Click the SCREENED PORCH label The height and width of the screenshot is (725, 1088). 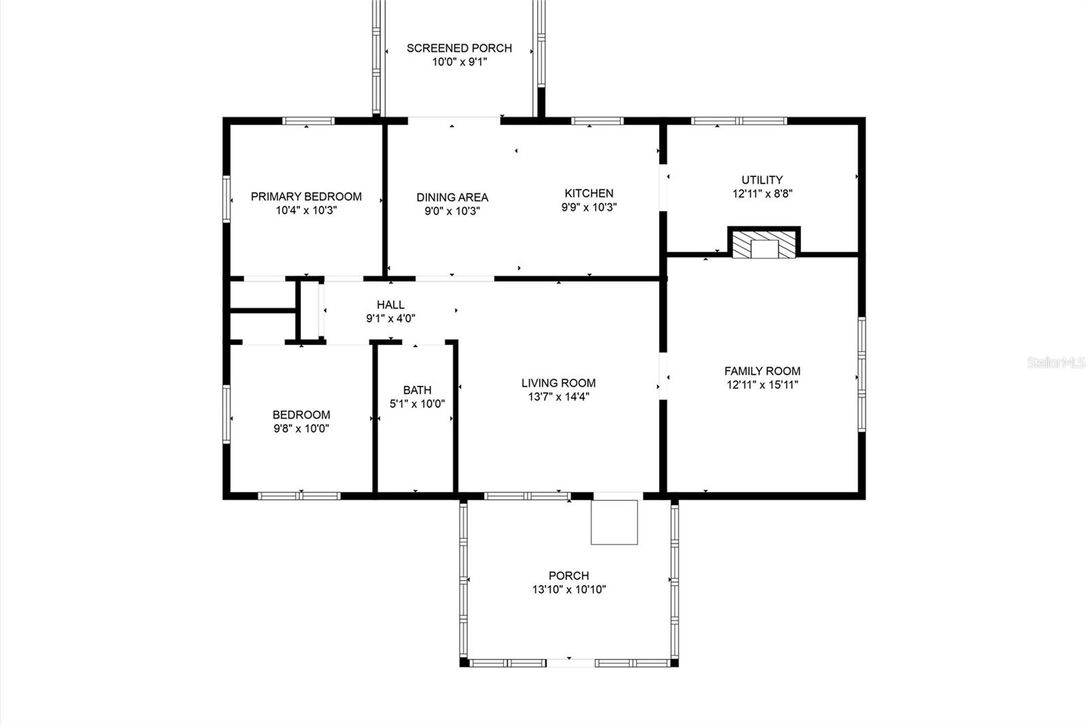(x=459, y=48)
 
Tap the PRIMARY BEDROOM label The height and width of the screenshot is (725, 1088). (x=306, y=197)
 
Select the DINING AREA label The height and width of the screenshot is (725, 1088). (x=452, y=197)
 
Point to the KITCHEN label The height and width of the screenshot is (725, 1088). (x=589, y=193)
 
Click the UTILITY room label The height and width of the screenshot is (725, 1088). (x=762, y=180)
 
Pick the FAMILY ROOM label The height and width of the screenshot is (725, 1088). (x=762, y=371)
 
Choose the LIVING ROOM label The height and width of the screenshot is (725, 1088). (x=558, y=383)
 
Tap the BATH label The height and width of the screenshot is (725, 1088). (x=418, y=390)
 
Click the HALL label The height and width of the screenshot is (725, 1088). (x=390, y=305)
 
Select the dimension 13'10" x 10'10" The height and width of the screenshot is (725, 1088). (x=568, y=590)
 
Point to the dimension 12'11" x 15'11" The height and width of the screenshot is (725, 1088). (x=762, y=385)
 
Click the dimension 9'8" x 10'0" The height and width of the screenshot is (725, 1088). (x=301, y=428)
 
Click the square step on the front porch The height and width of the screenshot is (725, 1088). (x=614, y=522)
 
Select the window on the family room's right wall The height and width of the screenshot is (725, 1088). (x=862, y=374)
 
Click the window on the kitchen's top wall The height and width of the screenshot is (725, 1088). (x=597, y=121)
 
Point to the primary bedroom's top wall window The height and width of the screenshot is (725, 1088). (x=309, y=121)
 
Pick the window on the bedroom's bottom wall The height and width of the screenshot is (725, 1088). (x=299, y=496)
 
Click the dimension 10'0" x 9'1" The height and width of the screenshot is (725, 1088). (x=459, y=62)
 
